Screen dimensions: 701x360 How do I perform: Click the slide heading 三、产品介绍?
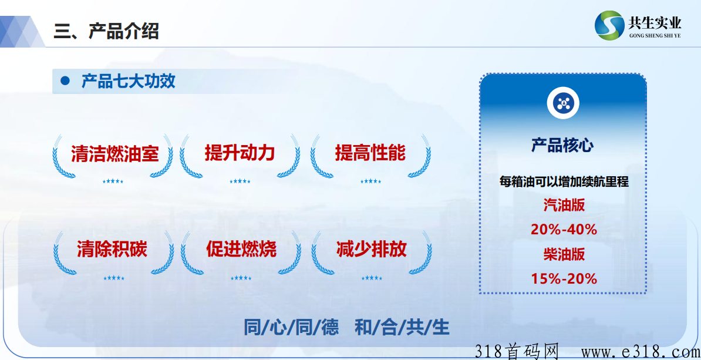[x=106, y=31]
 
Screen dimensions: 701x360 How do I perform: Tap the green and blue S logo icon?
[x=609, y=25]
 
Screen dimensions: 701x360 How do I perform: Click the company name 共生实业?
[x=655, y=22]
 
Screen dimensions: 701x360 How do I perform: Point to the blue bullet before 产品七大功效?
[x=66, y=81]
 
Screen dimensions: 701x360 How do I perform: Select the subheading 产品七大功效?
[x=129, y=82]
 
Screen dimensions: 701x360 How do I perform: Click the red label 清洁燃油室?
[x=115, y=154]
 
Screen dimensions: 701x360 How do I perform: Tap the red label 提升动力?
[x=240, y=153]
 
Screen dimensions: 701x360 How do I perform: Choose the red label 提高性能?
[x=370, y=153]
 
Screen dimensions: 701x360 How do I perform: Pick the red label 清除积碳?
[x=112, y=250]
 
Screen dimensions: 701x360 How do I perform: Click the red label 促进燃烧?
[x=241, y=250]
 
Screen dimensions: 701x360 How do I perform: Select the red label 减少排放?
[x=372, y=250]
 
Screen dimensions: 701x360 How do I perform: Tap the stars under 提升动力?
[x=240, y=181]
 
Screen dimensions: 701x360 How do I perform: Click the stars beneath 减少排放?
[x=372, y=278]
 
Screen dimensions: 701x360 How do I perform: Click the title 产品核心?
[x=562, y=145]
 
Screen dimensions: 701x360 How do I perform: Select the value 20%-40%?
[x=564, y=230]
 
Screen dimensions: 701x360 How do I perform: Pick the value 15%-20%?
[x=564, y=279]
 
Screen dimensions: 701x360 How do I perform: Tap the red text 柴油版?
[x=564, y=254]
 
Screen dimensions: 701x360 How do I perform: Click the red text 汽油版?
[x=564, y=206]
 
